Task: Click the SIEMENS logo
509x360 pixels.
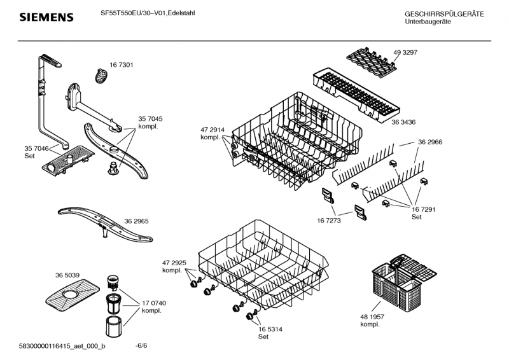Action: pyautogui.click(x=46, y=17)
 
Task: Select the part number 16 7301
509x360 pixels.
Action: pyautogui.click(x=121, y=66)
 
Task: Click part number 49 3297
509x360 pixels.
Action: pyautogui.click(x=405, y=52)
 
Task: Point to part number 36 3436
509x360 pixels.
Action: pyautogui.click(x=403, y=122)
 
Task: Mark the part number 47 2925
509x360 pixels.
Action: pyautogui.click(x=174, y=263)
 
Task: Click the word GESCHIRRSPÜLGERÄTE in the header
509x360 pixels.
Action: pyautogui.click(x=444, y=14)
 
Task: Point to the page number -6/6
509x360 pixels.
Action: pyautogui.click(x=142, y=345)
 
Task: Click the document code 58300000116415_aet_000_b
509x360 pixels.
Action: pyautogui.click(x=63, y=345)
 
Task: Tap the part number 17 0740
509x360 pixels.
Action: pyautogui.click(x=154, y=303)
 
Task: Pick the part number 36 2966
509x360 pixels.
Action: pyautogui.click(x=430, y=142)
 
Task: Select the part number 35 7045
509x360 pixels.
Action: pyautogui.click(x=150, y=119)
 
